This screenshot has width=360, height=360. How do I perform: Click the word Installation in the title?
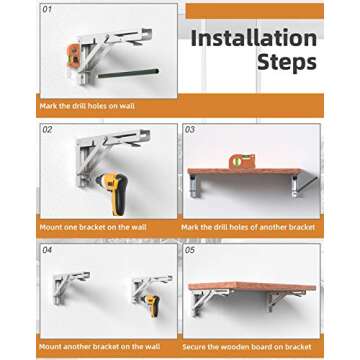click(253, 39)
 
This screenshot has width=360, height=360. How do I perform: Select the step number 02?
click(47, 130)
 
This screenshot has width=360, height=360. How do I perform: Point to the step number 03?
click(191, 130)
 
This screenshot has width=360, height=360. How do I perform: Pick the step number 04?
click(47, 250)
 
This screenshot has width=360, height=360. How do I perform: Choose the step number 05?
click(191, 250)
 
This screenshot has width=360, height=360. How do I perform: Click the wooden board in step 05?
click(253, 286)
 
